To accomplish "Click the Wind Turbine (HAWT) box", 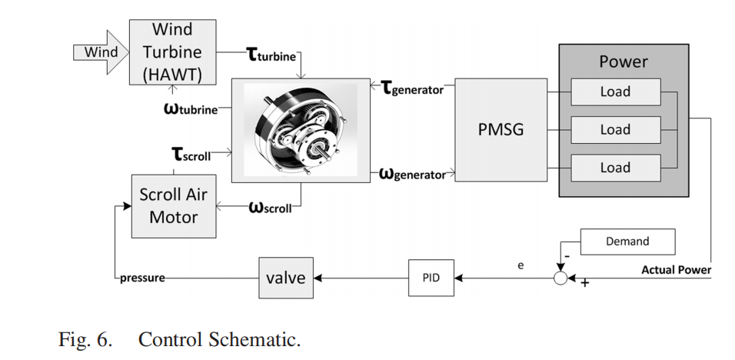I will [x=172, y=52].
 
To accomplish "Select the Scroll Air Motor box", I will [x=173, y=206].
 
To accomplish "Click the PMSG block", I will [x=501, y=129].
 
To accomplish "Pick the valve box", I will [x=285, y=278].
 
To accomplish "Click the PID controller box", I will [x=431, y=278].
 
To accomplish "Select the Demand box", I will [x=627, y=242].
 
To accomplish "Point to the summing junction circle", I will [x=560, y=278].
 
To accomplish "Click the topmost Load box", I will [x=614, y=92].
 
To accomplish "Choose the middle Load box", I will [x=614, y=129].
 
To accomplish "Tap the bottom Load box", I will [x=614, y=167].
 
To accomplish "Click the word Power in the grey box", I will [x=624, y=62].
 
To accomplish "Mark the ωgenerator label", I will [x=413, y=174].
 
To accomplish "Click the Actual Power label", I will [x=676, y=270].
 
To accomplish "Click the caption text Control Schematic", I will [x=219, y=339].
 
